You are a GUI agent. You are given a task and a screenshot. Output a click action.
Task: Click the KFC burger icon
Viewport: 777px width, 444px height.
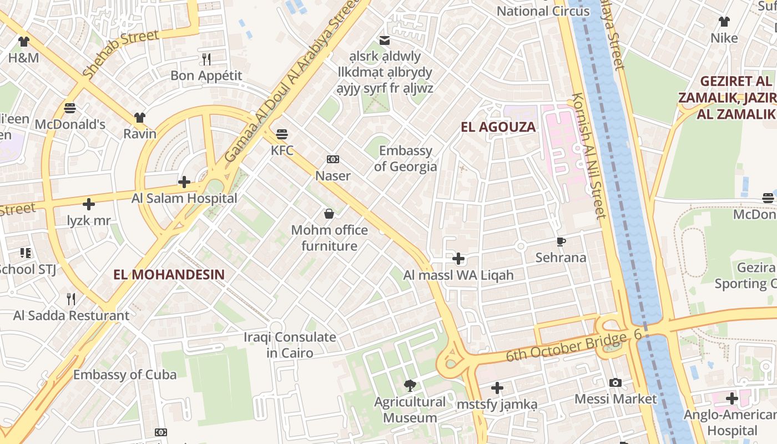282,134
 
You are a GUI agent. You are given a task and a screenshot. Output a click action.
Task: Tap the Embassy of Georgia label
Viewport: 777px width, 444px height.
405,159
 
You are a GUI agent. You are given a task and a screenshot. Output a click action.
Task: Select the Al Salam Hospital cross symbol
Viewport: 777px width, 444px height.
184,181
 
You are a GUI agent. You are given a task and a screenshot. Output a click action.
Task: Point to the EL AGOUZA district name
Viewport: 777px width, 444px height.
498,127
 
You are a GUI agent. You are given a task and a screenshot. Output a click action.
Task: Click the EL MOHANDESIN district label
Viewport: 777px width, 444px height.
169,275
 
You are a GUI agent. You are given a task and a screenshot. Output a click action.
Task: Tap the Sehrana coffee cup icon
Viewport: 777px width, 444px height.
561,241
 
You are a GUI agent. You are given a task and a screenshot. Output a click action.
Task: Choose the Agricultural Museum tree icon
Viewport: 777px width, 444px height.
410,385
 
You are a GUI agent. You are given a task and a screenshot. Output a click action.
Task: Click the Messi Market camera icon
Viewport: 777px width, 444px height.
615,382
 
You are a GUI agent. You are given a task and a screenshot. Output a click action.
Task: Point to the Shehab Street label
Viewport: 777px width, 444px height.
121,53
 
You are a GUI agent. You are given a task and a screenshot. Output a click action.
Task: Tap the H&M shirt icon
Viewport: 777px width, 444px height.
23,41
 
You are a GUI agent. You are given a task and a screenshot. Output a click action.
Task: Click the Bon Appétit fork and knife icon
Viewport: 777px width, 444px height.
206,59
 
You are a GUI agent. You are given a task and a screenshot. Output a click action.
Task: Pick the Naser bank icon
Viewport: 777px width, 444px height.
332,160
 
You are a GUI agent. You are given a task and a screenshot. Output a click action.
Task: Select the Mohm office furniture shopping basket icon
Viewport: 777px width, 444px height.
329,214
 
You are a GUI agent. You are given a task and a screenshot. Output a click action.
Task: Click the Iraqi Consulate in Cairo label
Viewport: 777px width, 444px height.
282,345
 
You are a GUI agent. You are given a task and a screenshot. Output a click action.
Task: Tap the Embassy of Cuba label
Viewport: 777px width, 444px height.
125,375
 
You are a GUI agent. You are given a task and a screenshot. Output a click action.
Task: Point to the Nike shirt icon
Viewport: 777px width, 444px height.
724,22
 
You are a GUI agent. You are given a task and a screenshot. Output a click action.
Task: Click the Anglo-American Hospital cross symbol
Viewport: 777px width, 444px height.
732,398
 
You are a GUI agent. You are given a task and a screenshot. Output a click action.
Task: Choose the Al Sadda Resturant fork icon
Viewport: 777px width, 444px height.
71,299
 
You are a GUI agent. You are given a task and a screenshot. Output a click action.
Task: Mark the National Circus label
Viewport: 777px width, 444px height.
543,11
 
